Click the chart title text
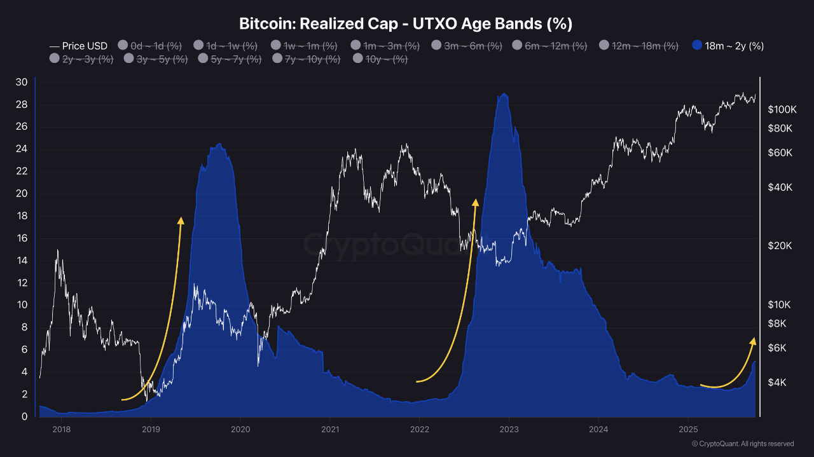coord(406,24)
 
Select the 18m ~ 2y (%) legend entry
coord(728,46)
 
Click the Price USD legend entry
coord(78,46)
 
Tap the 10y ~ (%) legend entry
coord(380,59)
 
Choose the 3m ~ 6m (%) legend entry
coord(467,46)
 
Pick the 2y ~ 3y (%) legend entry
coord(81,59)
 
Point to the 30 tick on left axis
coord(22,82)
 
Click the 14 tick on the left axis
coord(22,261)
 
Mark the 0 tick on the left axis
coord(24,416)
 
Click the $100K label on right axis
coord(782,109)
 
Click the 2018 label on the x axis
coord(61,430)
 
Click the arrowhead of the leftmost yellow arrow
coord(181,220)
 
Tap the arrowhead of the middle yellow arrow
coord(475,202)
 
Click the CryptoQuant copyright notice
coord(742,444)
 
